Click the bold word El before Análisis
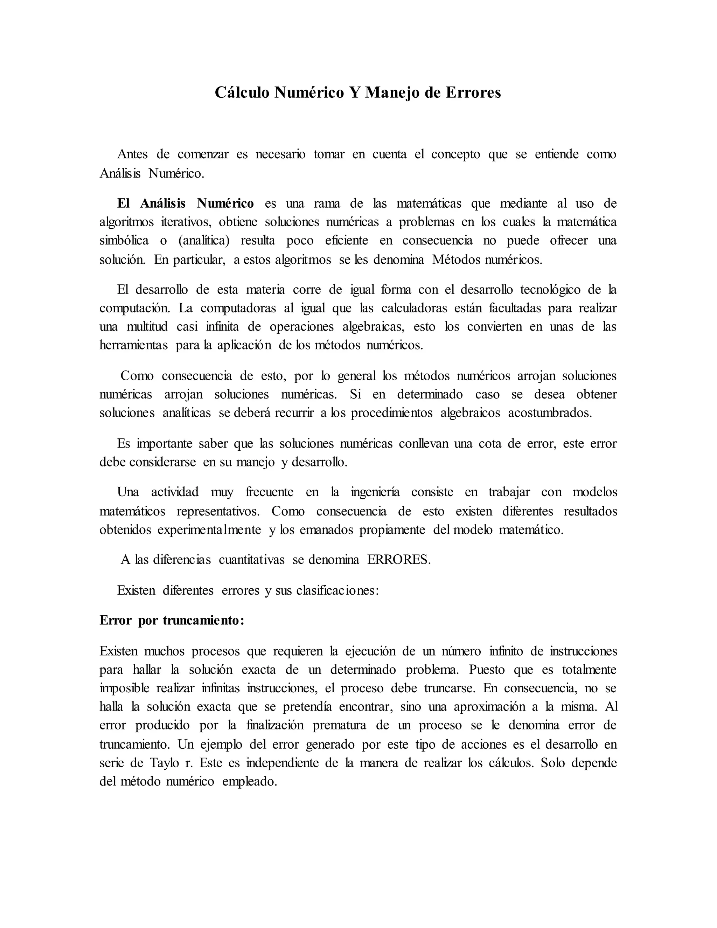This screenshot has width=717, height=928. tap(123, 203)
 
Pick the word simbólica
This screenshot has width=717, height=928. tap(124, 241)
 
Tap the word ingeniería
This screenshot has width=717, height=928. tap(375, 492)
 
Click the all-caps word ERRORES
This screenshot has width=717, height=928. tap(398, 560)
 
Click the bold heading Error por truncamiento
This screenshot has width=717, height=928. tap(172, 621)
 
